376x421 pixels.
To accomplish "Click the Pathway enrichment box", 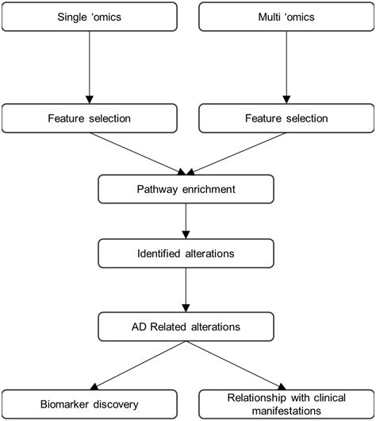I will tap(186, 190).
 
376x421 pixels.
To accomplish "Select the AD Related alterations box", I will tap(186, 325).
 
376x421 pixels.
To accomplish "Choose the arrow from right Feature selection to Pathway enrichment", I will tap(236, 154).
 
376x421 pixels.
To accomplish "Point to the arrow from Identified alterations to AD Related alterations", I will tap(186, 291).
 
